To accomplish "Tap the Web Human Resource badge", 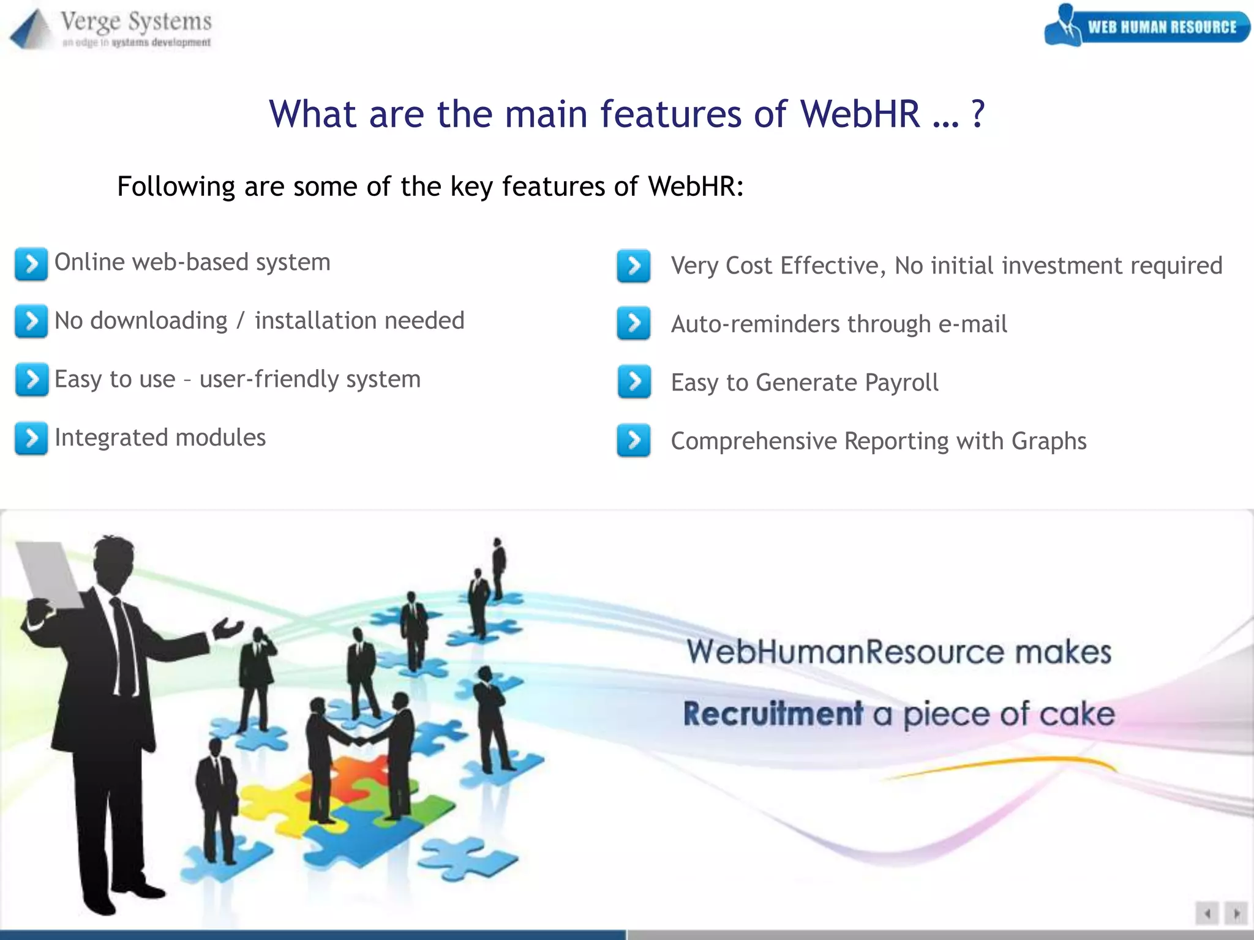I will tap(1147, 26).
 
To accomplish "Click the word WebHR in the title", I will tap(860, 114).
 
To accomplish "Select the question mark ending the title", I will tap(978, 114).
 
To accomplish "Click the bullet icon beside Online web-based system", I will tap(31, 264).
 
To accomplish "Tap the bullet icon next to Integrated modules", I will tap(31, 439).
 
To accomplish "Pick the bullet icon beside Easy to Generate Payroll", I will tap(634, 382).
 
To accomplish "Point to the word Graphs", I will tap(1048, 441).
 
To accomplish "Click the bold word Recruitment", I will tap(773, 714).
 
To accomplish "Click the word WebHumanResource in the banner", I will tap(844, 651).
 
